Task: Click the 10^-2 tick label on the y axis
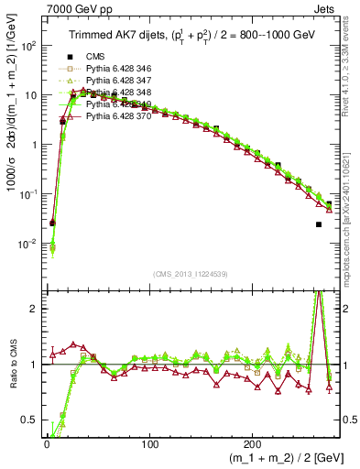click(29, 244)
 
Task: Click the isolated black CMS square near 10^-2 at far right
click(318, 224)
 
